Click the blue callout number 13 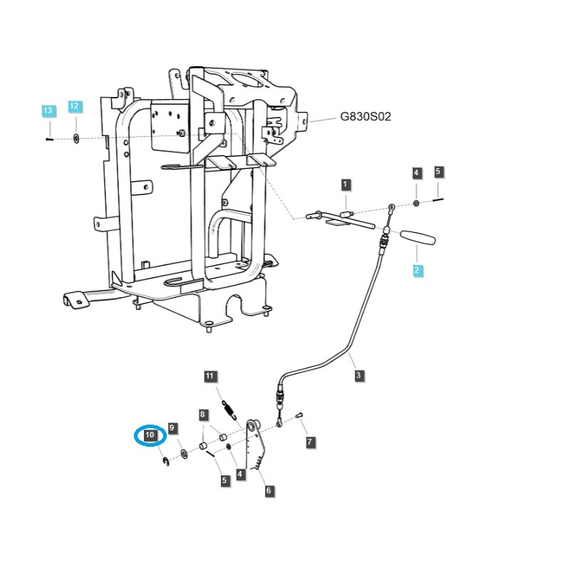(x=47, y=111)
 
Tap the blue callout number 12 (x=75, y=107)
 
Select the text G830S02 (x=366, y=117)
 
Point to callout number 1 (x=345, y=185)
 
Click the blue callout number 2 (x=418, y=270)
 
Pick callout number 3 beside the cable (x=358, y=375)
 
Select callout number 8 (x=203, y=414)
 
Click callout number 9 (x=172, y=427)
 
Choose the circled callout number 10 (x=150, y=435)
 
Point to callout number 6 (x=269, y=491)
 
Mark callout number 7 (x=309, y=442)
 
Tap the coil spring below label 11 (x=228, y=410)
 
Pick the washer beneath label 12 (x=76, y=136)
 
